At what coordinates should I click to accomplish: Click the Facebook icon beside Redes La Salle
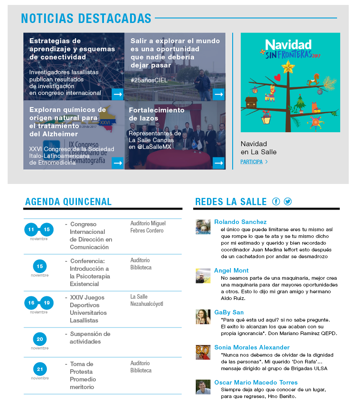[x=276, y=201]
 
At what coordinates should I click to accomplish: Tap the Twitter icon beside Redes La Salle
[x=288, y=201]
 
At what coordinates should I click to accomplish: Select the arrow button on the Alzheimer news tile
[x=118, y=163]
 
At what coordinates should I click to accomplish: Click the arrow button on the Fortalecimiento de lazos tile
[x=219, y=163]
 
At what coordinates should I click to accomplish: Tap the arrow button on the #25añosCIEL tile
[x=219, y=94]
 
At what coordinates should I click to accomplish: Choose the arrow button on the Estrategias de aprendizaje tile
[x=118, y=94]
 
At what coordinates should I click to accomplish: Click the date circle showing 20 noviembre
[x=40, y=339]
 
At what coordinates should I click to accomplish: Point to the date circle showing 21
[x=40, y=370]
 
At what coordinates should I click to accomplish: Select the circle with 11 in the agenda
[x=31, y=230]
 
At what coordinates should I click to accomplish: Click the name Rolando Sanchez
[x=240, y=222]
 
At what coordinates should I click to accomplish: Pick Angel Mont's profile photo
[x=203, y=276]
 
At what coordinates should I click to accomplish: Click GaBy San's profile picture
[x=203, y=317]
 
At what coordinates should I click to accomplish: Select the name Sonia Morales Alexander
[x=252, y=347]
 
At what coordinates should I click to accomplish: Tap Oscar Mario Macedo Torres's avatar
[x=203, y=387]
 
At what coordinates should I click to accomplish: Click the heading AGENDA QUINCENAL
[x=68, y=201]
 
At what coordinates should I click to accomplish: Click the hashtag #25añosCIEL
[x=148, y=80]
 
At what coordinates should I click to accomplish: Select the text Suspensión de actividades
[x=90, y=338]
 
